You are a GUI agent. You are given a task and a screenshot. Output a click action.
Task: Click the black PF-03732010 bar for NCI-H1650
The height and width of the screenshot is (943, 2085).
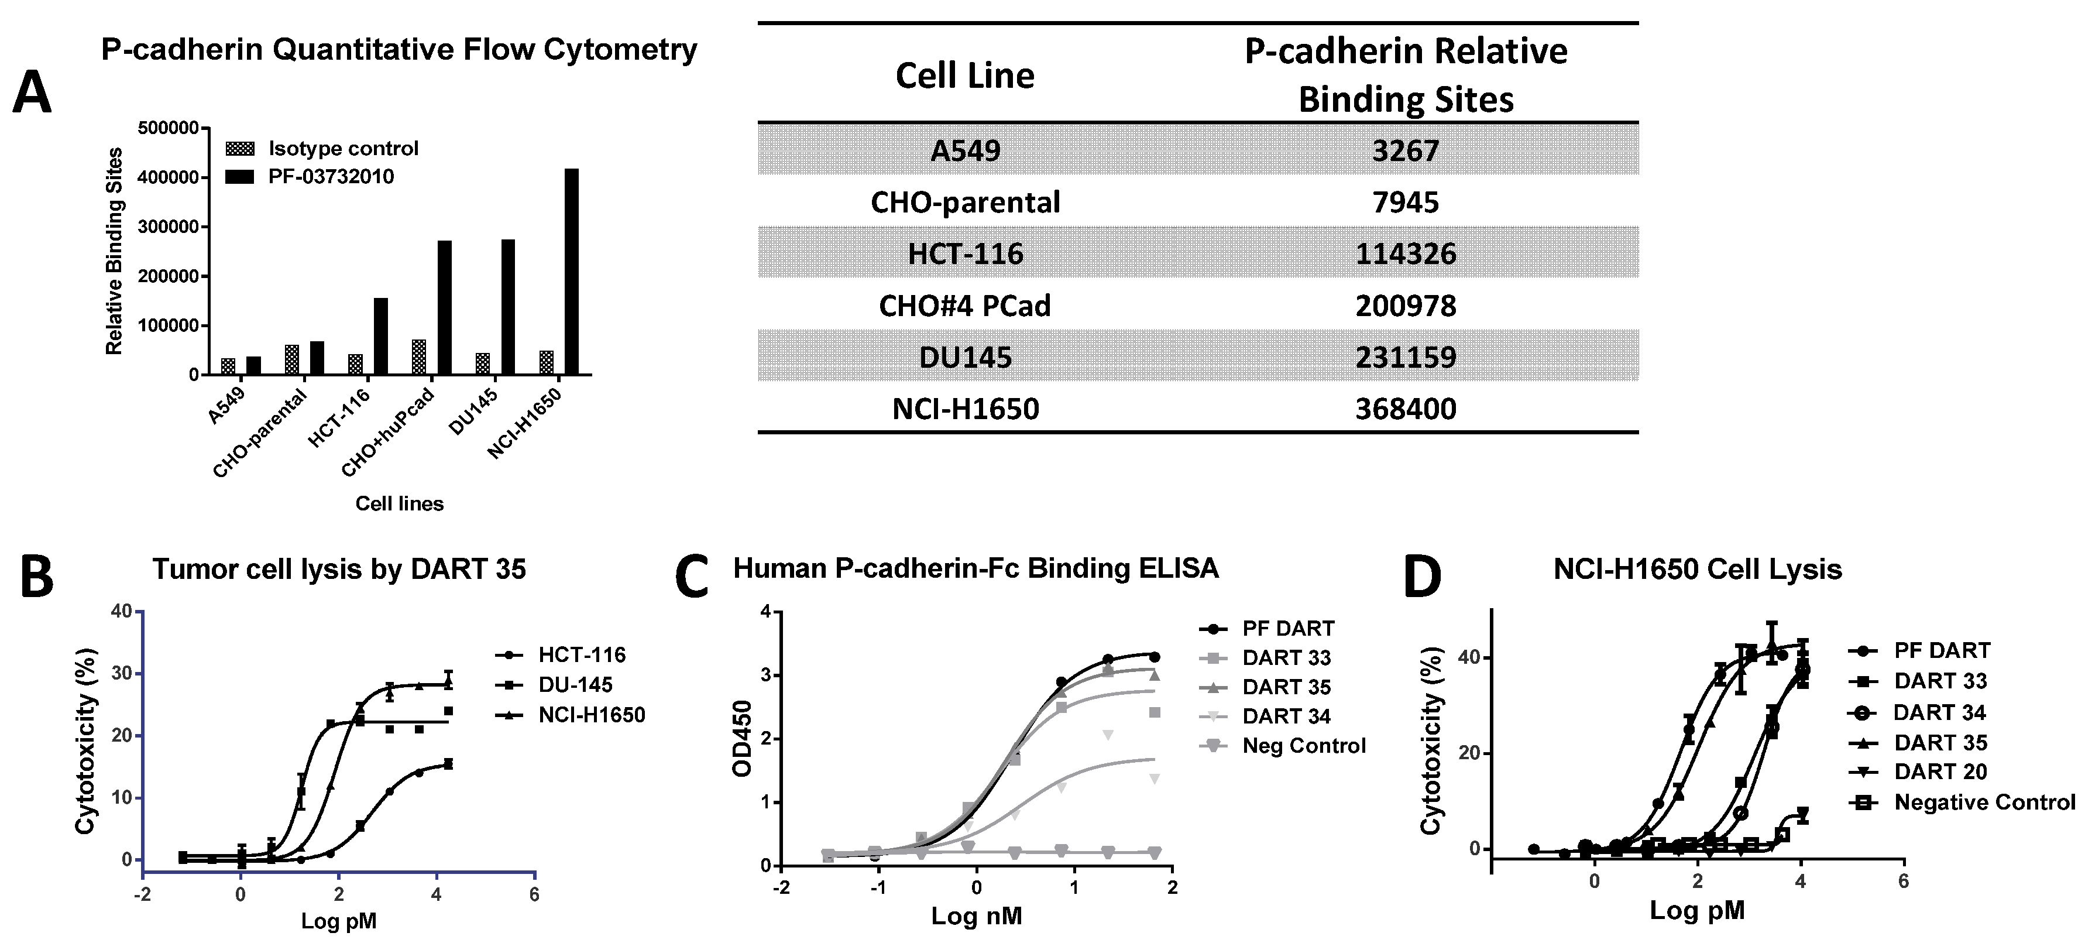(x=572, y=272)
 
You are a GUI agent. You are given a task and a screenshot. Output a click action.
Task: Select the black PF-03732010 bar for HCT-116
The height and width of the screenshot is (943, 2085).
(x=380, y=336)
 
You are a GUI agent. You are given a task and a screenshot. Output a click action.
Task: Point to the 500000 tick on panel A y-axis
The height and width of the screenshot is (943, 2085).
(x=169, y=128)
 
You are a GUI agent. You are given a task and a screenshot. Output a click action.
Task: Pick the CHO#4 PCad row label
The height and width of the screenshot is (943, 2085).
(x=965, y=306)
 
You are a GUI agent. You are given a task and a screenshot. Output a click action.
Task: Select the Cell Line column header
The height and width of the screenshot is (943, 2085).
(x=965, y=76)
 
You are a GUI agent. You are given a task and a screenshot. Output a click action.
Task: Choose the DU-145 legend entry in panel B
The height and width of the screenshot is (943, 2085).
(x=575, y=685)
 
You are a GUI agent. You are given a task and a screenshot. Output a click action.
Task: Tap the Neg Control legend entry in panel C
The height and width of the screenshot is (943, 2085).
(x=1303, y=746)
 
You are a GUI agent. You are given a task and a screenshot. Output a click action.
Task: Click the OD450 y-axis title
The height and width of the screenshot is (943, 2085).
(x=742, y=738)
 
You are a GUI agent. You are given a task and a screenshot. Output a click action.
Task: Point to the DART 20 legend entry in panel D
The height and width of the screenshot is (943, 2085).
(x=1940, y=771)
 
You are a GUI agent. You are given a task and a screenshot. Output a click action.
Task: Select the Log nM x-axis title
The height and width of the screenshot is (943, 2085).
(x=976, y=916)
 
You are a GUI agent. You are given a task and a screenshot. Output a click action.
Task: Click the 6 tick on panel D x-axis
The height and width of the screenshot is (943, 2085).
(x=1903, y=881)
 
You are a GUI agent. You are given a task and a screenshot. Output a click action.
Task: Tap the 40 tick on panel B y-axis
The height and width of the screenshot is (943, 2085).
(x=121, y=611)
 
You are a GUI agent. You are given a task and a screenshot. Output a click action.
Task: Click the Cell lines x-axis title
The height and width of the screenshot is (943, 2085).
(x=400, y=503)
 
